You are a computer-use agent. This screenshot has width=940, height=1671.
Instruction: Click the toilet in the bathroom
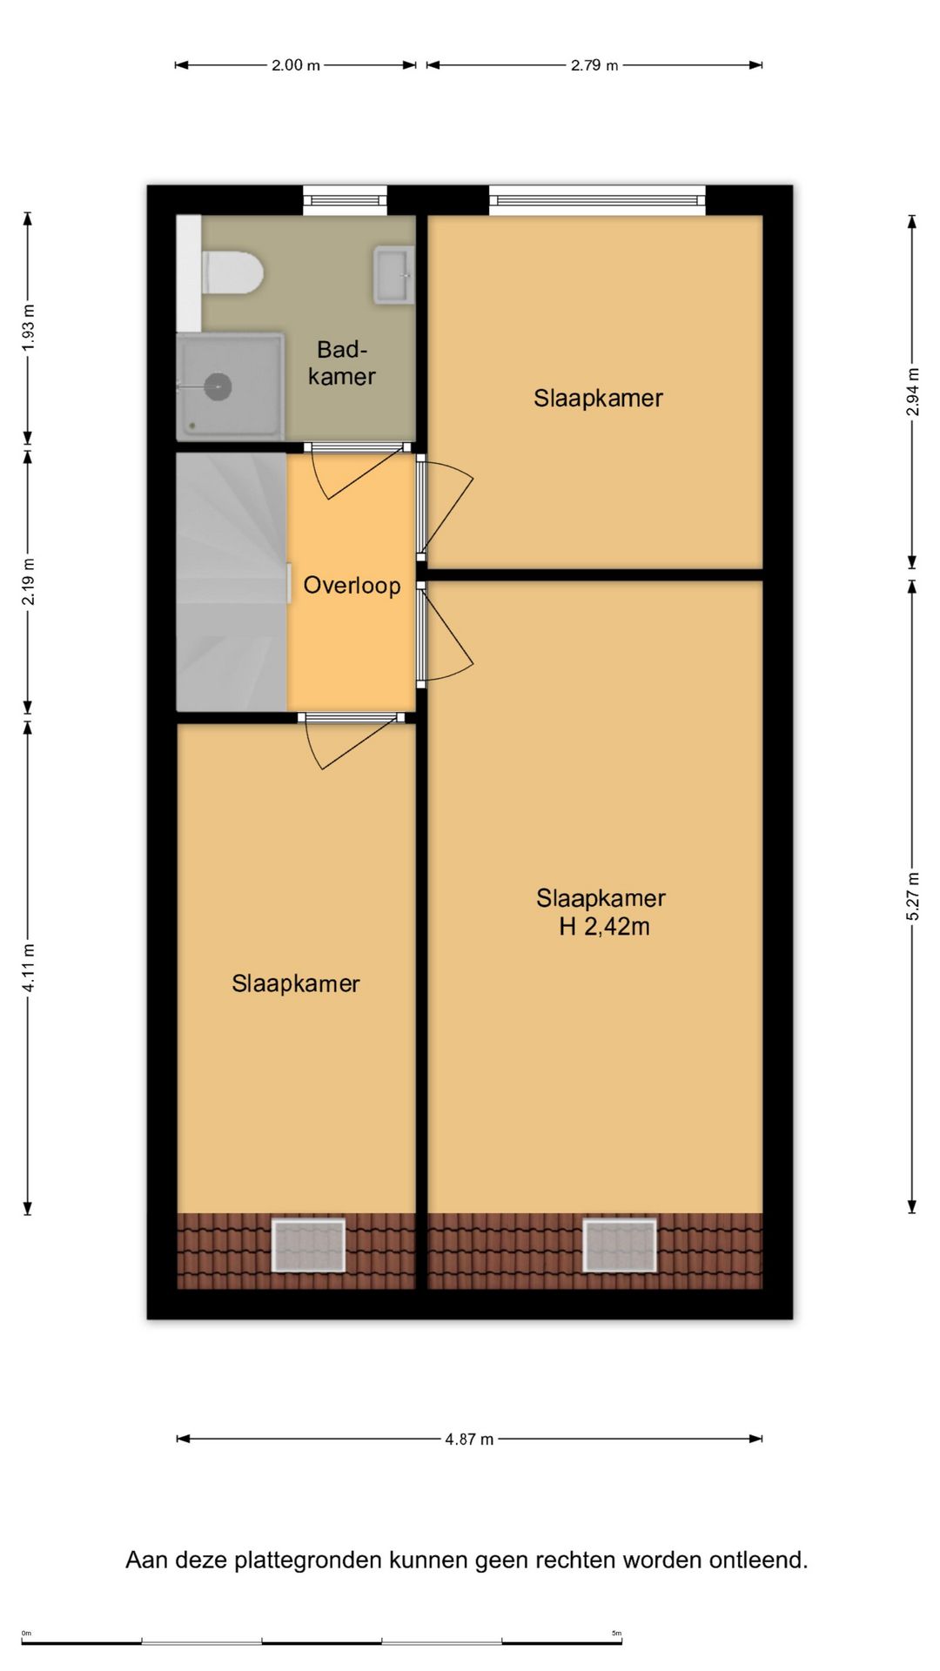[232, 272]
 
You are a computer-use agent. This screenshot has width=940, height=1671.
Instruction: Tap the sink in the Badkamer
[394, 276]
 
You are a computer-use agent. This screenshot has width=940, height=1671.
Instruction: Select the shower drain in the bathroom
[218, 386]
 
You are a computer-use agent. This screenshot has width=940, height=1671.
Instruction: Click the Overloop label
[352, 586]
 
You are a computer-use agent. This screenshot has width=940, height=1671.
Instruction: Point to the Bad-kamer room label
[342, 363]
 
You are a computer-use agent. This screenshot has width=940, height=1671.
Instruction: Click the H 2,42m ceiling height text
[604, 927]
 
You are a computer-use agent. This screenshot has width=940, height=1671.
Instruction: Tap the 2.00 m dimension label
[296, 65]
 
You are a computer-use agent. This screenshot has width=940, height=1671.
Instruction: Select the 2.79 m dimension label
[594, 65]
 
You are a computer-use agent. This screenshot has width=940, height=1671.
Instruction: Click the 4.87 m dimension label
[469, 1439]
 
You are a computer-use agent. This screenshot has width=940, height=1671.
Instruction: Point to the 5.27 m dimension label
[912, 896]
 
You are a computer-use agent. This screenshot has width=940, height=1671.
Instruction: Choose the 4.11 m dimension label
[28, 967]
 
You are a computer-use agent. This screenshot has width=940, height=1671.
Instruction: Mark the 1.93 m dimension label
[28, 327]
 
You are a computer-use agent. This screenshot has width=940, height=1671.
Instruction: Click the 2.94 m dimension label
[912, 392]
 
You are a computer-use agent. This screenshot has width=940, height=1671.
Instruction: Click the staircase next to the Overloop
[232, 581]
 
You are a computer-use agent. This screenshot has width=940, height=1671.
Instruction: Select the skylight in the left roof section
[309, 1245]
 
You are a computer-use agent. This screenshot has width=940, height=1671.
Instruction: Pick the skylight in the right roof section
[620, 1245]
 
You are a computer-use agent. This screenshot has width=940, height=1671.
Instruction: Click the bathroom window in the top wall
[346, 201]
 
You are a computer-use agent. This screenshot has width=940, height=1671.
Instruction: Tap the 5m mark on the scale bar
[616, 1633]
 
